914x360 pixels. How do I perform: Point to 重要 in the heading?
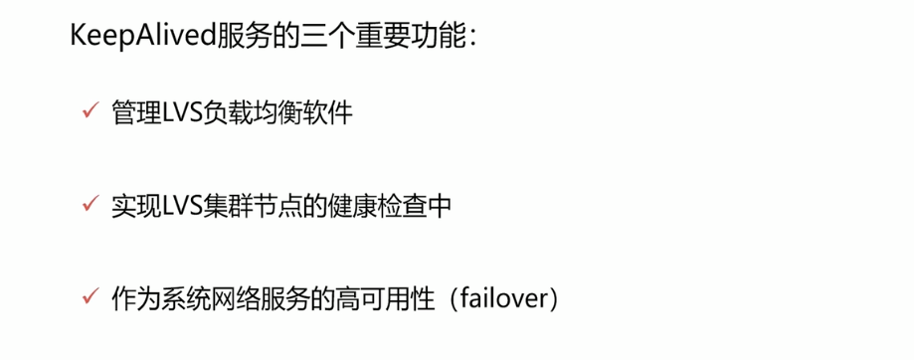pos(369,39)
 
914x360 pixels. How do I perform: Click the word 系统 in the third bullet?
pos(184,297)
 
